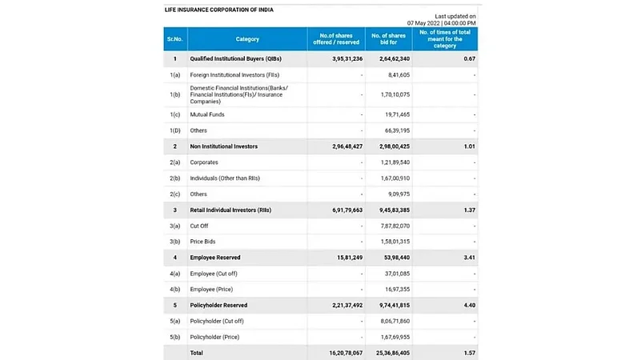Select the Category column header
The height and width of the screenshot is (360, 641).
[247, 39]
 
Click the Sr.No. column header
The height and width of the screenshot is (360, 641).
[174, 39]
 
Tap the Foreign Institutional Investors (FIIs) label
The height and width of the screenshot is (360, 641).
[231, 74]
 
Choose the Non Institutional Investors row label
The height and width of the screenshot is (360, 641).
[223, 146]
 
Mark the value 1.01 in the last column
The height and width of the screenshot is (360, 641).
[470, 146]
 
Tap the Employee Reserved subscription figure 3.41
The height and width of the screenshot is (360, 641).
[470, 258]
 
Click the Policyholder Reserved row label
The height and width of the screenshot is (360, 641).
[218, 305]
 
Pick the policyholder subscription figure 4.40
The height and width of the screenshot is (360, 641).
[470, 305]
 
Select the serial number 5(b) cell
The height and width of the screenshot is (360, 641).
[174, 337]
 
